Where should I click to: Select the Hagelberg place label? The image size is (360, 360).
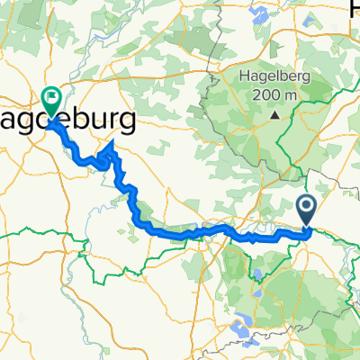click(x=274, y=78)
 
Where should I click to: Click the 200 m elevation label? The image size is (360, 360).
click(x=274, y=96)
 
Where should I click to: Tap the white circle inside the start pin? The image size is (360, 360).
click(x=306, y=208)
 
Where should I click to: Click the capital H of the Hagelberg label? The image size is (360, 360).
click(x=245, y=77)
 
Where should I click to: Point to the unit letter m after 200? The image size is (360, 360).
click(x=292, y=97)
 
